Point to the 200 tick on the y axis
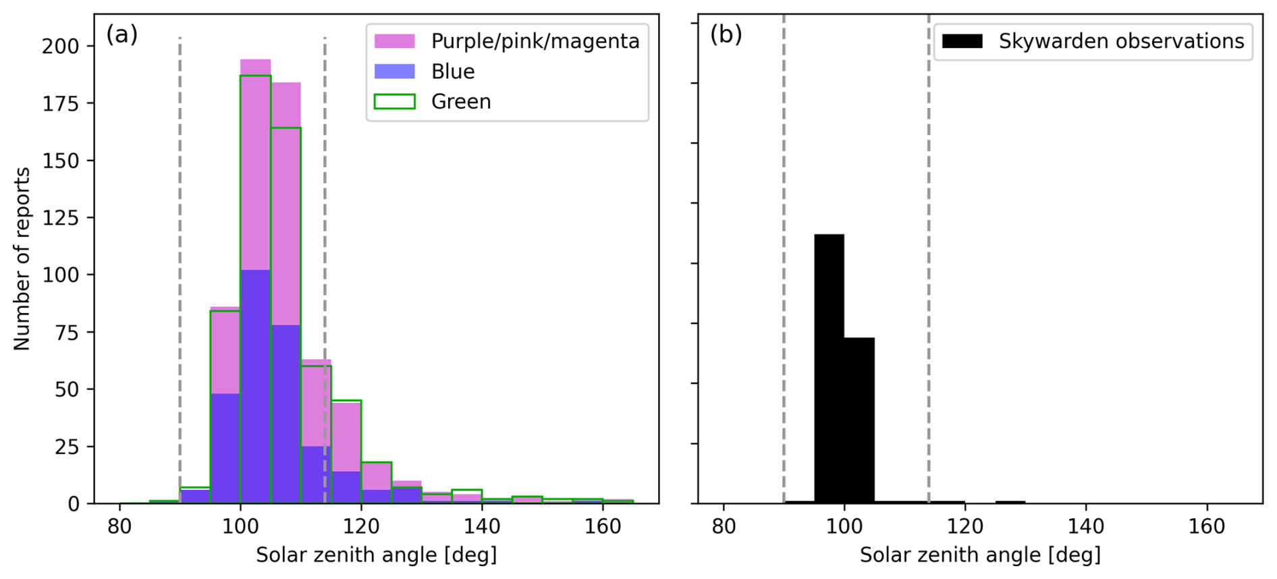[x=60, y=47]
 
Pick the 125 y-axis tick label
[x=60, y=219]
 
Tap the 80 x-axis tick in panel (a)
[x=119, y=526]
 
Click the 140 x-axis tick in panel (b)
[x=1085, y=526]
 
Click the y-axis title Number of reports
[x=22, y=258]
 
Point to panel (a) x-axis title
[x=376, y=555]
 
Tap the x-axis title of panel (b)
[x=980, y=555]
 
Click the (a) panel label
[x=121, y=34]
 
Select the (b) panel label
[x=726, y=34]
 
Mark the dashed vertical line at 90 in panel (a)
[x=180, y=270]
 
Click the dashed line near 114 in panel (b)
[x=929, y=270]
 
